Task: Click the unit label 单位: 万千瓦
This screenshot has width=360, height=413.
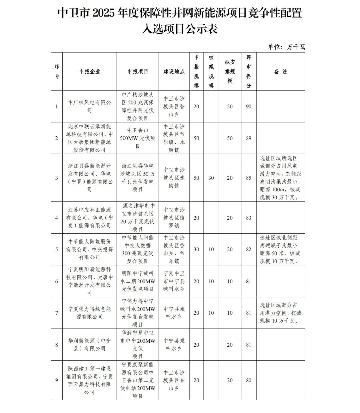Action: [286, 47]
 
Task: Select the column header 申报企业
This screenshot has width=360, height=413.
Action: [89, 72]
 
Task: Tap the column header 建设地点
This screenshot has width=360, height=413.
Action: [174, 72]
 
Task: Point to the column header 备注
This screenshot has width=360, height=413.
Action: [280, 72]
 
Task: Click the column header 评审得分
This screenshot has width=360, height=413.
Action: [249, 72]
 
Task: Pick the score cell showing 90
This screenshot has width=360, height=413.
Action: [249, 106]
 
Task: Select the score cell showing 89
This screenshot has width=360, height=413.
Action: [249, 138]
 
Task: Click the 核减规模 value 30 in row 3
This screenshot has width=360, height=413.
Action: [211, 178]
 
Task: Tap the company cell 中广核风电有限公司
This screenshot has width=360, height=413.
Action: [89, 106]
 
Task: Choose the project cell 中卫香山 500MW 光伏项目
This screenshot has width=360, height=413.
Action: [138, 138]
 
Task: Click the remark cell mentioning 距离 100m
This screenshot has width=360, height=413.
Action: [280, 178]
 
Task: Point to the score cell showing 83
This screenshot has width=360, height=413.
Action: [249, 218]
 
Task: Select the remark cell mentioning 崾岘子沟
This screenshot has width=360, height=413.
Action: [280, 249]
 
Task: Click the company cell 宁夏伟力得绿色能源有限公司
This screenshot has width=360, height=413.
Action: [89, 313]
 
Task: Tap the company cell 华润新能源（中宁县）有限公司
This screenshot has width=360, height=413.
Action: [89, 345]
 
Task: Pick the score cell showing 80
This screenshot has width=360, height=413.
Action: [249, 380]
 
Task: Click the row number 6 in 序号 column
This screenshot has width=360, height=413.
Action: [57, 281]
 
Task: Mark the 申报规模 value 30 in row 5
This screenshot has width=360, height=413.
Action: [196, 249]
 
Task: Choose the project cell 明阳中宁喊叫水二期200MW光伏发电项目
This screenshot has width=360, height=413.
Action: [138, 281]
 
